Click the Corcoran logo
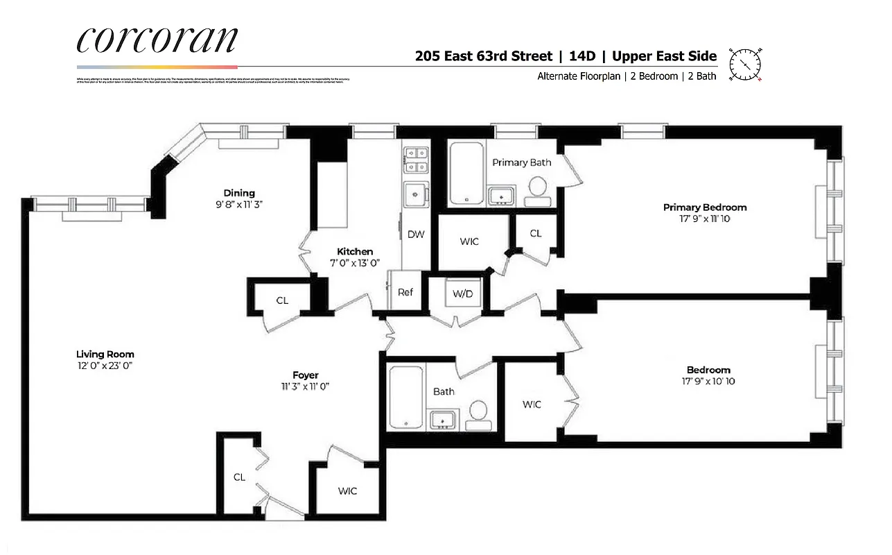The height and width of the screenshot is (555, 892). (157, 40)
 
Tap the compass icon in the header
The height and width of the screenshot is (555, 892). (746, 65)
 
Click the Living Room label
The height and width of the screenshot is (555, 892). (105, 354)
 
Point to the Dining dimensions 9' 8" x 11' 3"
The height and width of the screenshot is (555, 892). (239, 205)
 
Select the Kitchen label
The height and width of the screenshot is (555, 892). (355, 251)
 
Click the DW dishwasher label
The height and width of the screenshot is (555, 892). (416, 234)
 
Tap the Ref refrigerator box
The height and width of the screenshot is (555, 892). (405, 292)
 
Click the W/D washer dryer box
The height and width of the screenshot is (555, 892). (462, 293)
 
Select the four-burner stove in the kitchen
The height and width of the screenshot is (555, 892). (416, 160)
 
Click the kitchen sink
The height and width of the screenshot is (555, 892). (416, 195)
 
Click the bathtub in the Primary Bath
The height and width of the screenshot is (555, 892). (466, 174)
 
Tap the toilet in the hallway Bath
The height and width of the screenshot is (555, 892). (478, 413)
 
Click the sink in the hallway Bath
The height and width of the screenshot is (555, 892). (443, 418)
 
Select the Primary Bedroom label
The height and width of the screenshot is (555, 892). (705, 207)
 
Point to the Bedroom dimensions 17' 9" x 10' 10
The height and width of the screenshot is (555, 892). (708, 381)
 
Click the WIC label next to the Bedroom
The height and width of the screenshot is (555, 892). (532, 404)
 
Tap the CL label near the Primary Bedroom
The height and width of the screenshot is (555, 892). (536, 233)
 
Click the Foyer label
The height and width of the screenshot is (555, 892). (305, 375)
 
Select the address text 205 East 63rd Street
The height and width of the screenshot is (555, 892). (484, 56)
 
